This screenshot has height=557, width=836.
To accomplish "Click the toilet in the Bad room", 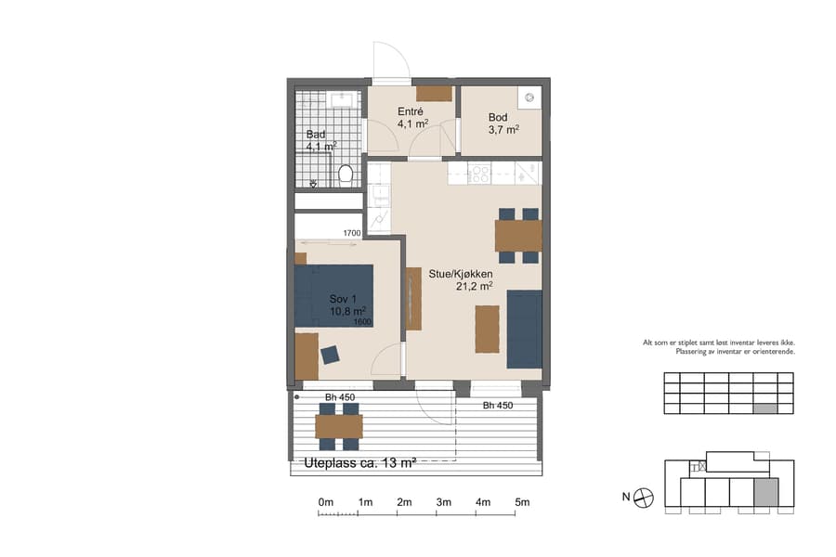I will tap(346, 174).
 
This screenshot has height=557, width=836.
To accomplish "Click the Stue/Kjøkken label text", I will tap(460, 275).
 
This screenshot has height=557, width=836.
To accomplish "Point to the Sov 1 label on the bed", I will tap(343, 299).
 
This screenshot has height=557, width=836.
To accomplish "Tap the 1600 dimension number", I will tap(363, 322).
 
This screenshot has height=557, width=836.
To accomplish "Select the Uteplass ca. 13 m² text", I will tap(360, 462).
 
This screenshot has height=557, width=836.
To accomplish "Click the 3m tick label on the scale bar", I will tap(443, 502).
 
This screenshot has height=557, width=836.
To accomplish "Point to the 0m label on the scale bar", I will tap(326, 502).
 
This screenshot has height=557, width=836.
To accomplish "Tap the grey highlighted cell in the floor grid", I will tap(764, 408).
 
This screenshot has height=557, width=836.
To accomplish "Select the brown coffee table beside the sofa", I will tap(487, 329).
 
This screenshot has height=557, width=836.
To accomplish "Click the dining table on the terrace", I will tap(338, 426).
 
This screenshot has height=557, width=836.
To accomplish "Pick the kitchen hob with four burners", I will tap(480, 172).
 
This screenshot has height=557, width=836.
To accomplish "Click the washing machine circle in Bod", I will tap(529, 97).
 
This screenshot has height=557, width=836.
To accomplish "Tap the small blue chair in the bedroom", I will tap(330, 354).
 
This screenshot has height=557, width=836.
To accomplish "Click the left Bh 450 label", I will tap(341, 397).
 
